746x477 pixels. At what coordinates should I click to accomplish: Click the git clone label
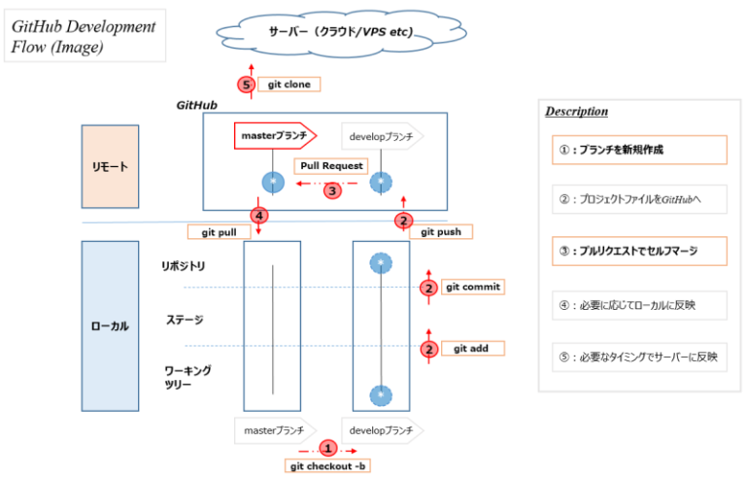coord(290,85)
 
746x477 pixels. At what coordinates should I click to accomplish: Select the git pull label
coord(219,232)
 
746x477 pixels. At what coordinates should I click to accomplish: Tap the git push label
coord(441,232)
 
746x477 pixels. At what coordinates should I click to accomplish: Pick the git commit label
coord(473,288)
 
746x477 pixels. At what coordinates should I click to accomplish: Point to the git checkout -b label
coord(328,466)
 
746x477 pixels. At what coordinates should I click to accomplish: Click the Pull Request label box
coord(330,166)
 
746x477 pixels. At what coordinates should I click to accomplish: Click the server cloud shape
coord(341,33)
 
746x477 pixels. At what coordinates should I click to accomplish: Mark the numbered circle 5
coord(247,85)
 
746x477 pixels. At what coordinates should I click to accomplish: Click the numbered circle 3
coord(332,190)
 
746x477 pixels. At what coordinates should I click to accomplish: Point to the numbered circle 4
coord(258,215)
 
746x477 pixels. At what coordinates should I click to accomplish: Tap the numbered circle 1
coord(328,449)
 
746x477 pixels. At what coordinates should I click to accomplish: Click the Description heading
coord(576,112)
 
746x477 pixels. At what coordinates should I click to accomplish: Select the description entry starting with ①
coord(638,150)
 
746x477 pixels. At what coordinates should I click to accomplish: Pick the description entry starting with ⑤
coord(638,357)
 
